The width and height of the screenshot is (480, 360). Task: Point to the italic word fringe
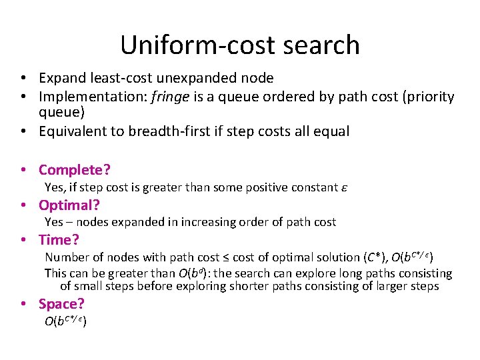click(x=172, y=97)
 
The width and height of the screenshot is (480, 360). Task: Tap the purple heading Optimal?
click(x=69, y=205)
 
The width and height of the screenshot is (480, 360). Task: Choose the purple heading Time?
click(x=59, y=239)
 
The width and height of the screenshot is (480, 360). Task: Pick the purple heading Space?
click(x=61, y=304)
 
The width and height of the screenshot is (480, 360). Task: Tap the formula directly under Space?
click(x=66, y=321)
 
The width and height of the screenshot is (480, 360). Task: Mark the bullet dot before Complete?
click(x=23, y=170)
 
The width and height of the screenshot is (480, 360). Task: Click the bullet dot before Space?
click(x=23, y=304)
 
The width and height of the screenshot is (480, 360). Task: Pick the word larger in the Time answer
click(x=377, y=287)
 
